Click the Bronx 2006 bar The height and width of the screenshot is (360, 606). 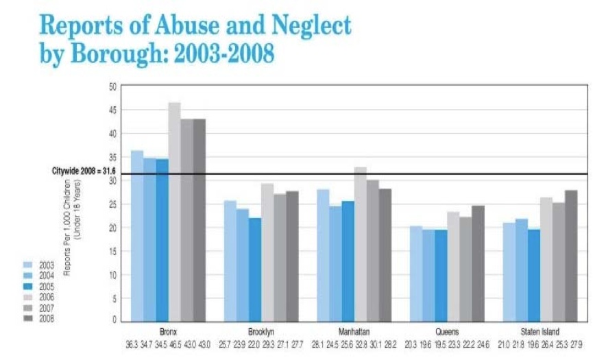[175, 213]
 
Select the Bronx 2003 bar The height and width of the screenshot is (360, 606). [137, 236]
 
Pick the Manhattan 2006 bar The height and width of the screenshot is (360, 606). [360, 244]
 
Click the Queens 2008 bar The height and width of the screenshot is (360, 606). [478, 263]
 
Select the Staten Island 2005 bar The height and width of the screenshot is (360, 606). [534, 275]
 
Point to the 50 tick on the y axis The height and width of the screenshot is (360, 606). [112, 86]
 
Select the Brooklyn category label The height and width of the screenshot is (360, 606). [260, 330]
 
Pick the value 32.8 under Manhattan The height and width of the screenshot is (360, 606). [360, 342]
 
